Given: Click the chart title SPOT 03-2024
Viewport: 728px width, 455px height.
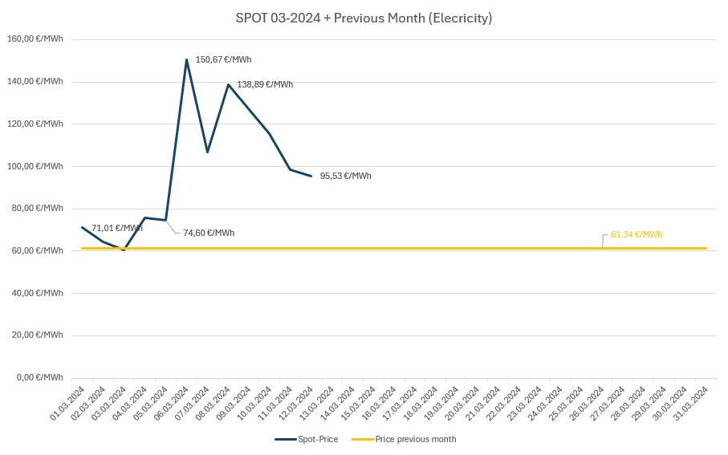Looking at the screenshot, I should tap(364, 18).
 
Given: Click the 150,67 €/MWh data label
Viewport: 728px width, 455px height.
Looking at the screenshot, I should tap(223, 59).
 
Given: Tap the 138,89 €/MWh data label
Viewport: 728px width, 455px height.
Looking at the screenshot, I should tap(265, 84).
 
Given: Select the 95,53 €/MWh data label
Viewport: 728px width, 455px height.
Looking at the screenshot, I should tap(345, 176).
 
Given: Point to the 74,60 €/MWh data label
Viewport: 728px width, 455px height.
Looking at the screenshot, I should tap(209, 233).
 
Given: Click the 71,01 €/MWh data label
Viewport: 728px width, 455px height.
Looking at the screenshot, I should tap(117, 228).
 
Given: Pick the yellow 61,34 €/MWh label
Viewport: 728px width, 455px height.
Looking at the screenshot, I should tap(636, 234).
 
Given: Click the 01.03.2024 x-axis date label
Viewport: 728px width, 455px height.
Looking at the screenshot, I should tap(69, 402).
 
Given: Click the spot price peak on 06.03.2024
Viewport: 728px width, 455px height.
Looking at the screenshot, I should tap(186, 59).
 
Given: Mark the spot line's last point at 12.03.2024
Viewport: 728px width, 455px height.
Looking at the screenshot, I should tap(311, 176).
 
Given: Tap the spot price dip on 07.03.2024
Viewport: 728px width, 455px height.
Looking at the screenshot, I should tap(207, 152).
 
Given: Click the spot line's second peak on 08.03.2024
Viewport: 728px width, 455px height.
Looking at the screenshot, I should tap(228, 84).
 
